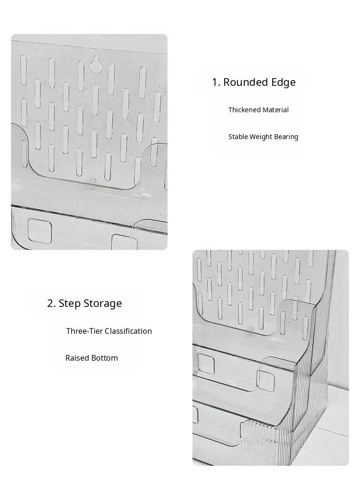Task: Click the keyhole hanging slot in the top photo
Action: click(x=96, y=65)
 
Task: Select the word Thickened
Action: click(x=243, y=110)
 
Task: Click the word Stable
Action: click(x=238, y=137)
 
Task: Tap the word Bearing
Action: click(x=287, y=137)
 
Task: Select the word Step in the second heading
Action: click(x=70, y=304)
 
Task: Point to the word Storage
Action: click(x=103, y=304)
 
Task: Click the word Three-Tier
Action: click(x=84, y=331)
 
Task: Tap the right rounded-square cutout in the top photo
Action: click(x=124, y=242)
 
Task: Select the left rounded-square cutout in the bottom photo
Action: click(x=205, y=363)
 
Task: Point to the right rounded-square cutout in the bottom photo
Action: click(x=266, y=381)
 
